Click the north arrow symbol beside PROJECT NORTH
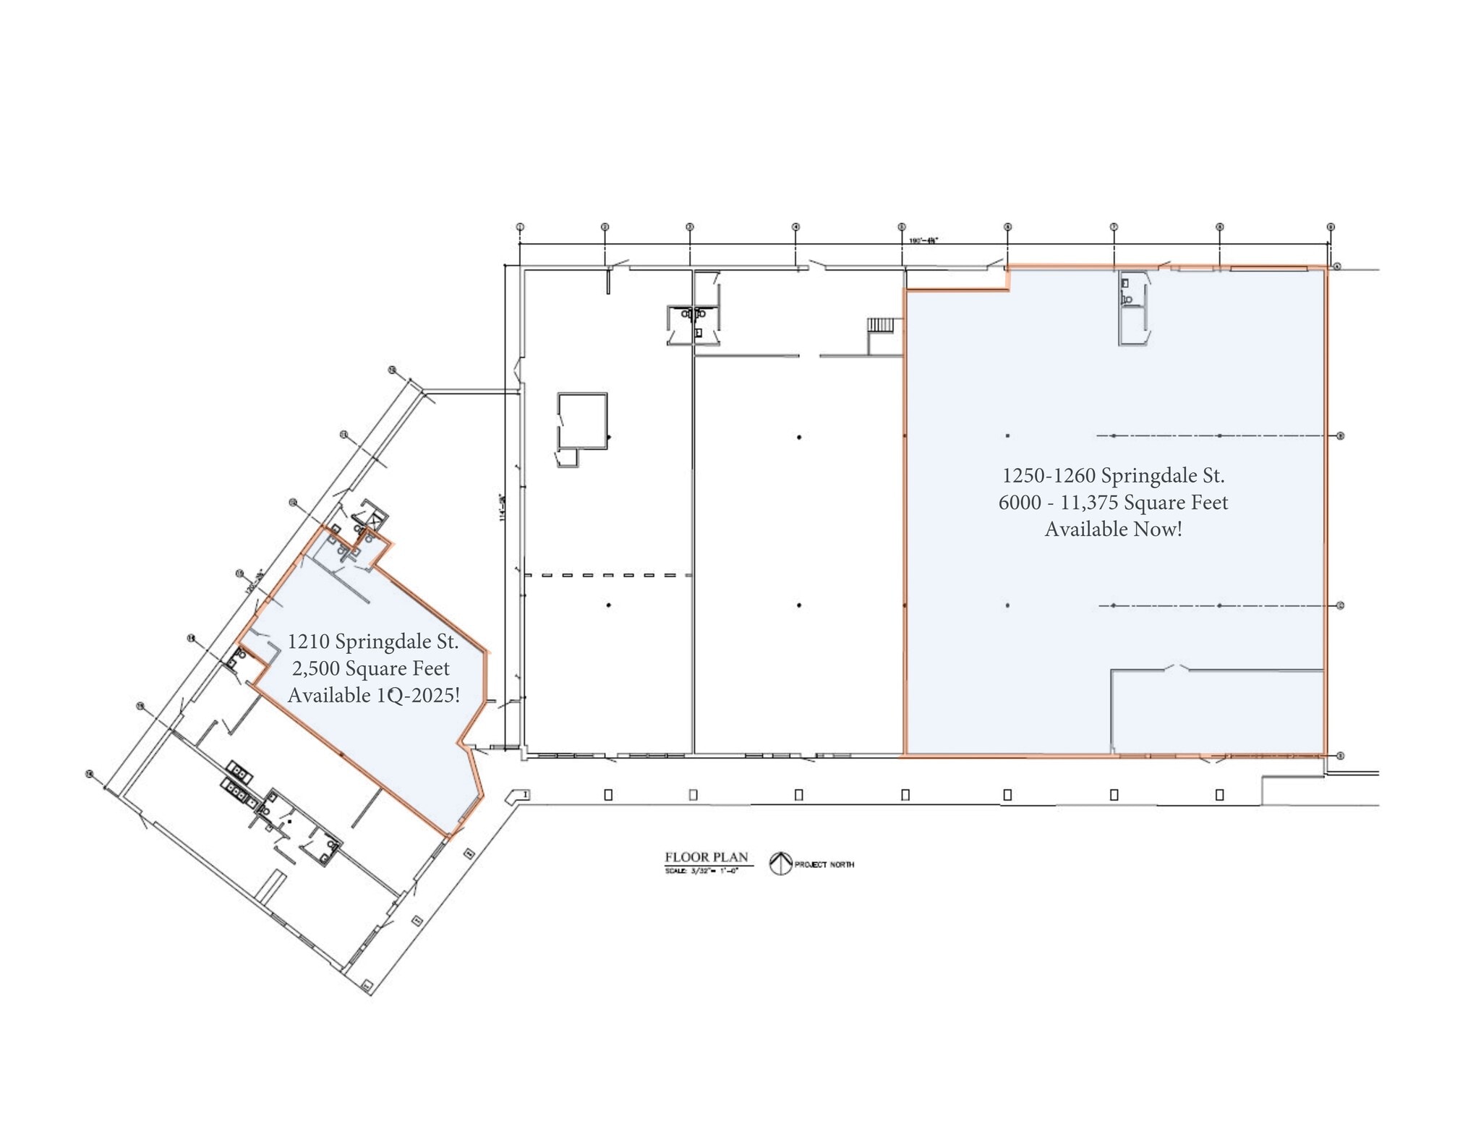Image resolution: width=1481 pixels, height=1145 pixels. click(780, 864)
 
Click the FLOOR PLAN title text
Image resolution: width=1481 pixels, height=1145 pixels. click(707, 857)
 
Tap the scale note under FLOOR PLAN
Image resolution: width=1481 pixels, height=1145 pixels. click(701, 870)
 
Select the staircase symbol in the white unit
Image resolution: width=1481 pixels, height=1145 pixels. click(881, 325)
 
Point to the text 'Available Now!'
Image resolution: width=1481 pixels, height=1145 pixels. click(1113, 529)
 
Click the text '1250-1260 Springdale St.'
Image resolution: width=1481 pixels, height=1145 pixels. click(1113, 476)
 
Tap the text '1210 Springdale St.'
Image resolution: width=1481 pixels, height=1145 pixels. click(372, 642)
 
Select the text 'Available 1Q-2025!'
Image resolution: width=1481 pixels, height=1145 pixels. click(374, 695)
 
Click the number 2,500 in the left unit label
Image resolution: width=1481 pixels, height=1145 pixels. click(315, 668)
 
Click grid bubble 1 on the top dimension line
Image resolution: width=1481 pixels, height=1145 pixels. click(519, 227)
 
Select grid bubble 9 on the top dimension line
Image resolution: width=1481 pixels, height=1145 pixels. click(1330, 227)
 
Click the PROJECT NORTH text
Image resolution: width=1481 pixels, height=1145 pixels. click(824, 864)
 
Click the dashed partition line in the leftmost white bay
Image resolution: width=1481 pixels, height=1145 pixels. click(608, 576)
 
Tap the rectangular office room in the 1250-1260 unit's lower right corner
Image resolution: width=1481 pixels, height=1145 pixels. click(1218, 712)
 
